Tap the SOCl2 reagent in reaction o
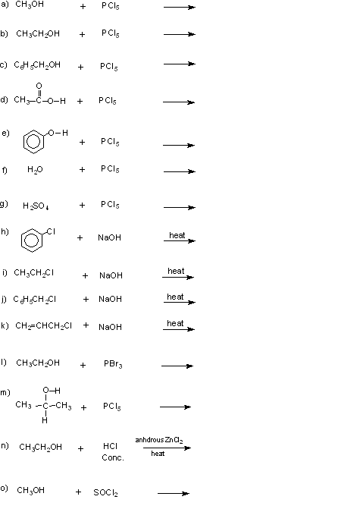click(x=105, y=493)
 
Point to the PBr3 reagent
click(x=113, y=364)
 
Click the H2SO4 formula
click(x=36, y=206)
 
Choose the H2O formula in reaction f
click(x=35, y=169)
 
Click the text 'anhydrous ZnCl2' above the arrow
click(x=159, y=440)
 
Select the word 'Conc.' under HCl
click(x=113, y=457)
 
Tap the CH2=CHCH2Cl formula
click(x=44, y=325)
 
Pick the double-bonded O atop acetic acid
click(x=39, y=86)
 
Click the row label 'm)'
click(x=5, y=392)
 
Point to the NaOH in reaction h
click(x=109, y=237)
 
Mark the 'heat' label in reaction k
click(x=175, y=323)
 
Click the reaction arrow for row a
click(x=180, y=7)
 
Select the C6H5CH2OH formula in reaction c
click(x=37, y=65)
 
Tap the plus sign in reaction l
click(x=83, y=365)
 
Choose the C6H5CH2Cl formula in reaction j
click(x=35, y=300)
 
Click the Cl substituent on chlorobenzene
click(x=51, y=231)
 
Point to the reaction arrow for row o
click(x=174, y=493)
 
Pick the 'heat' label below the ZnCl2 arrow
click(x=158, y=454)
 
